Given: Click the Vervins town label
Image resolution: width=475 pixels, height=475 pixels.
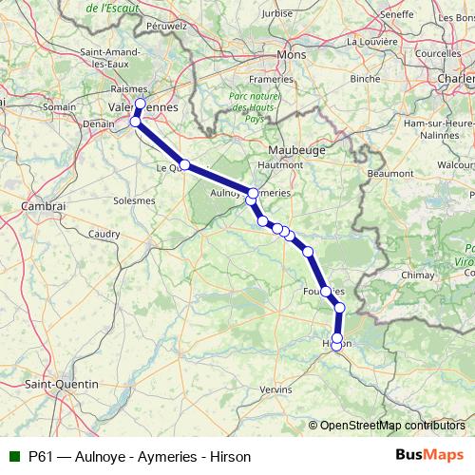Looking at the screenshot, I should click(275, 389).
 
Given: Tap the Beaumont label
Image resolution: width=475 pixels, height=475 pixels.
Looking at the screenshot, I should click(389, 174).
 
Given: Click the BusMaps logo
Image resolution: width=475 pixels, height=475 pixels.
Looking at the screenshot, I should click(430, 455).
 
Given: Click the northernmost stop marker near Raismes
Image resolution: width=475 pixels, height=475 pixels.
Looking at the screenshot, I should click(141, 104).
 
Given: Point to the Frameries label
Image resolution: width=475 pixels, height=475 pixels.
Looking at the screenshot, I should click(272, 80).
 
